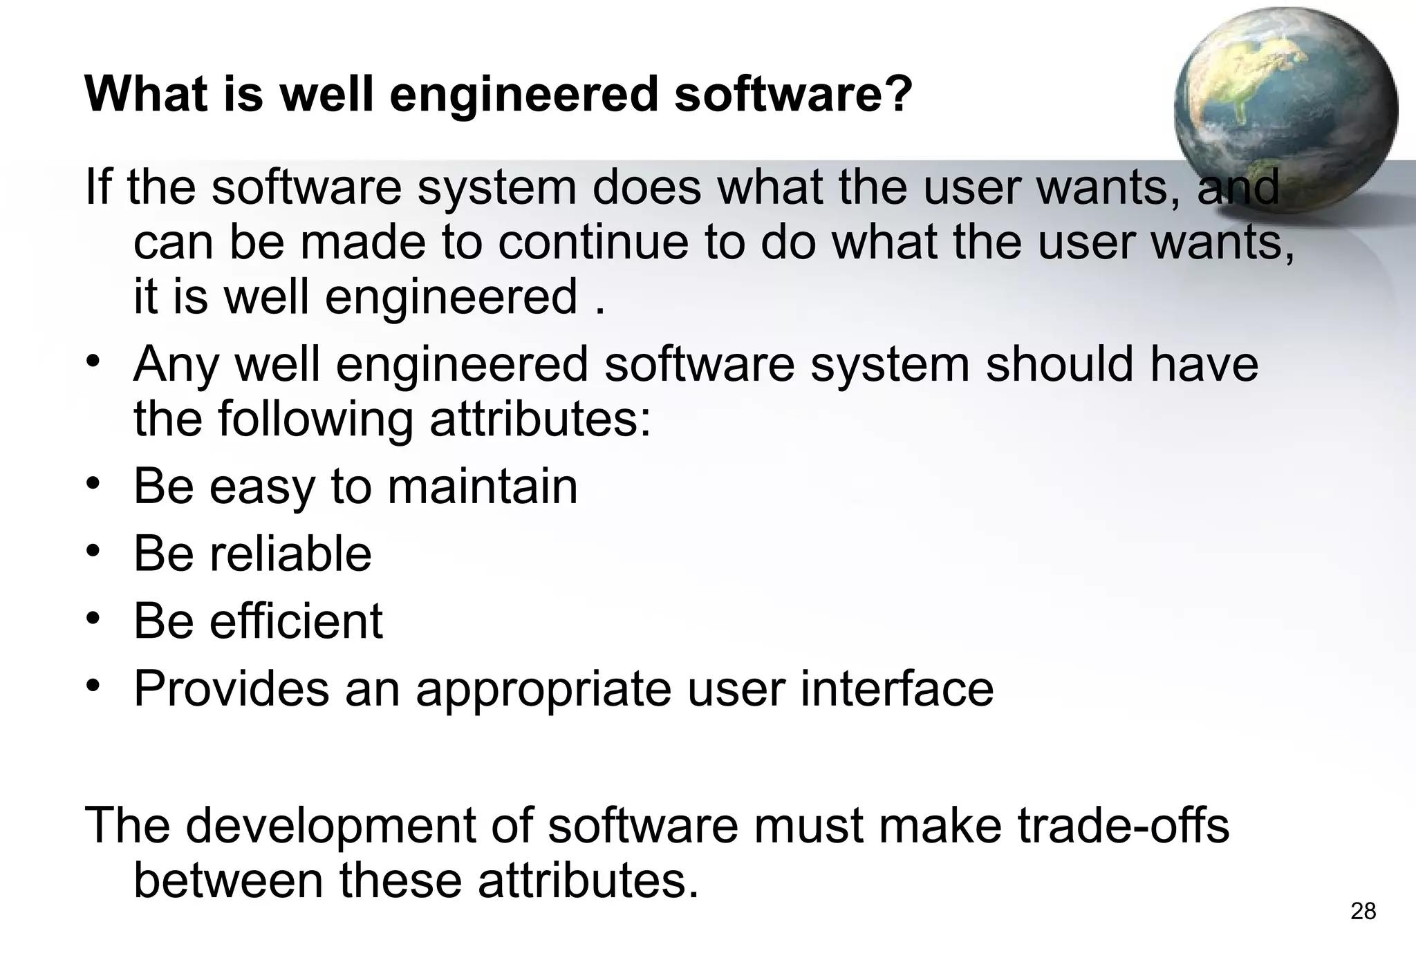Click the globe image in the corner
click(x=1285, y=111)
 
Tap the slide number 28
click(x=1363, y=912)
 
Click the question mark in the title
click(x=897, y=94)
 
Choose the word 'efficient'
click(x=296, y=621)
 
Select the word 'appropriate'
click(x=543, y=690)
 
